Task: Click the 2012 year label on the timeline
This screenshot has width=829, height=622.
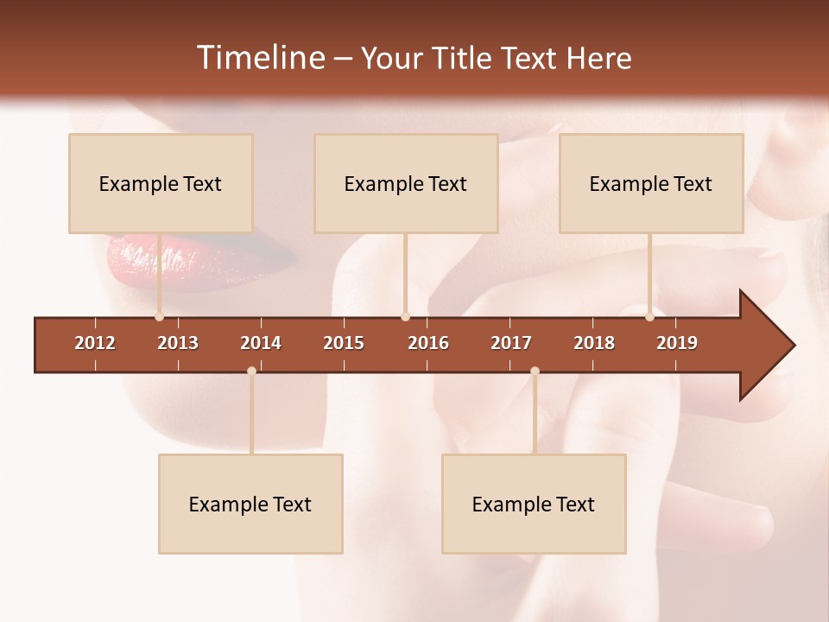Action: click(95, 343)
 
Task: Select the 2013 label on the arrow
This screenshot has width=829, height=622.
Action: click(178, 343)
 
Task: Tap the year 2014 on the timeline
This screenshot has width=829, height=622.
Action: click(261, 343)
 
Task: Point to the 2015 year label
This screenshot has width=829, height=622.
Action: click(344, 343)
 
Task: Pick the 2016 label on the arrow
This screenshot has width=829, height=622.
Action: click(428, 343)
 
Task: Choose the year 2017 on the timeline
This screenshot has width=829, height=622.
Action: click(511, 343)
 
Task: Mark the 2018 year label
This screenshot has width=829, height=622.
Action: click(594, 343)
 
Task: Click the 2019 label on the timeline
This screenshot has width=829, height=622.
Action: click(677, 343)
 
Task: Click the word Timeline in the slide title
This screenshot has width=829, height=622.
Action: click(260, 58)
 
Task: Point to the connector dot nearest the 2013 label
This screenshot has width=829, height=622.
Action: click(159, 317)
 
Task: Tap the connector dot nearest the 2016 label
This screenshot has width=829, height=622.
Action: click(405, 317)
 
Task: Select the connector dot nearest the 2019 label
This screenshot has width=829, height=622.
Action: click(649, 317)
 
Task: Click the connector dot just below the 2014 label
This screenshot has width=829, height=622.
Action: click(251, 371)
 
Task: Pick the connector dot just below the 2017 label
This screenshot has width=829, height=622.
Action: click(535, 371)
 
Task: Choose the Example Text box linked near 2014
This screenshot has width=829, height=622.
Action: click(250, 504)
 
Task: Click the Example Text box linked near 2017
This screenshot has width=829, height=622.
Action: click(534, 504)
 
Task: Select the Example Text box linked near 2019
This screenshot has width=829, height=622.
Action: click(651, 183)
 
